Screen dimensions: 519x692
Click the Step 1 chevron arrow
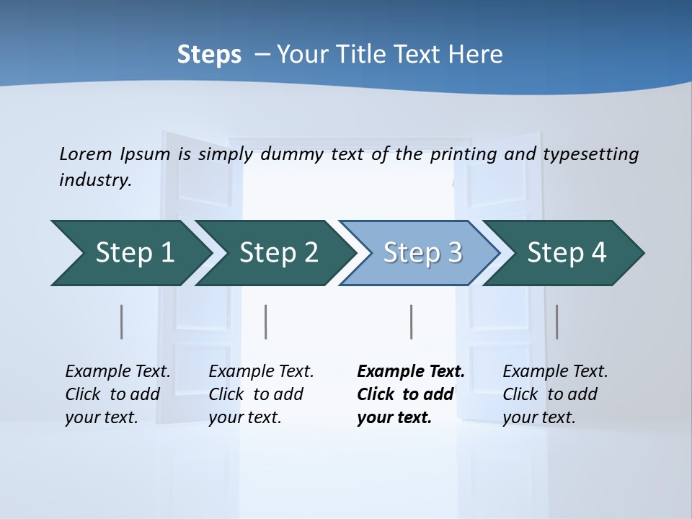pos(133,253)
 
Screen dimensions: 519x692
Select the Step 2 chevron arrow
pos(278,253)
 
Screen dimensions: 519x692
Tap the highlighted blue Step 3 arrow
pos(422,253)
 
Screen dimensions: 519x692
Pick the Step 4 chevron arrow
pos(566,253)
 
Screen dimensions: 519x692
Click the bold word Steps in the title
pos(209,55)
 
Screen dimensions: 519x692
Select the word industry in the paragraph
pos(95,180)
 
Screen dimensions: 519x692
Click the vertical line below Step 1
pos(122,321)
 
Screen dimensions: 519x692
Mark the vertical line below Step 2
pos(266,321)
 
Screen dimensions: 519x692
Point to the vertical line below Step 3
pos(411,321)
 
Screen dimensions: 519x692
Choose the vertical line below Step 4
pos(556,321)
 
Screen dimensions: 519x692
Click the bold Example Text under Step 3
pos(411,372)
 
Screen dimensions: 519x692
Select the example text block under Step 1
pos(117,394)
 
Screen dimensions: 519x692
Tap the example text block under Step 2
pos(260,394)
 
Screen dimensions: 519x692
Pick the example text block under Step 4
pos(554,394)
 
